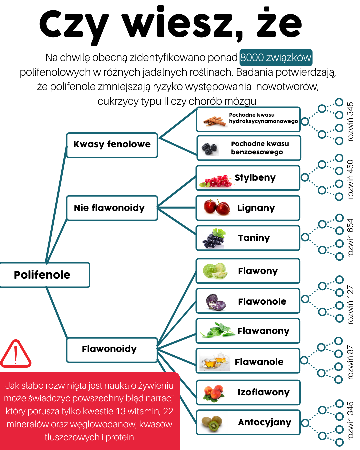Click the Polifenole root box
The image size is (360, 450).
point(45,275)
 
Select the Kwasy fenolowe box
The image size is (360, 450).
point(112,145)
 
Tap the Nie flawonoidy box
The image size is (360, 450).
point(112,208)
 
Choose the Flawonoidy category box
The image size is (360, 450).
point(112,349)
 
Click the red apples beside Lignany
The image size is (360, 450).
point(217,207)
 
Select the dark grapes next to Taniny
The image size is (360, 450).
point(214,238)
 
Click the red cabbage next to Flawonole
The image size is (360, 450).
point(215,302)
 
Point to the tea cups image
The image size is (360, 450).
point(215,361)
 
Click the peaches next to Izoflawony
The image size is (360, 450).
point(213,393)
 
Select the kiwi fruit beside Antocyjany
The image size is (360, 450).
point(213,423)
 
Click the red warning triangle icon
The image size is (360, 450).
point(15,355)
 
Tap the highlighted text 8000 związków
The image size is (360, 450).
point(276,58)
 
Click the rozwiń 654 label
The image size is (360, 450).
point(350,238)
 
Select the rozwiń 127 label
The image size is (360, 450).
point(350,304)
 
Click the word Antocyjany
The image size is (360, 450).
point(265,422)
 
